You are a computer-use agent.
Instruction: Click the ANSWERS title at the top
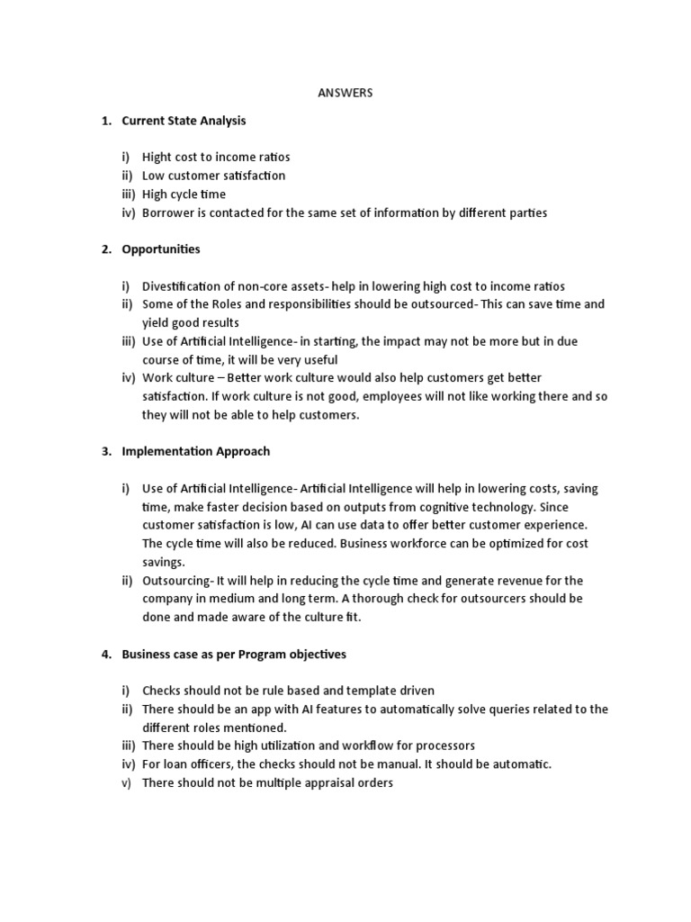tap(345, 93)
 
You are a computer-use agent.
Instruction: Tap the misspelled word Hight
tap(158, 158)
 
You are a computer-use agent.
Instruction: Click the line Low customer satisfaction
tap(213, 176)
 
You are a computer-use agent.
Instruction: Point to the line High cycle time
tap(184, 194)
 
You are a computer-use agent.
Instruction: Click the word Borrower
tap(168, 213)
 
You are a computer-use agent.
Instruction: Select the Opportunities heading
tap(161, 249)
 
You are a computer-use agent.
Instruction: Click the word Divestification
tap(183, 286)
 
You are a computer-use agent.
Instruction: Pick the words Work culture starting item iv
tap(175, 378)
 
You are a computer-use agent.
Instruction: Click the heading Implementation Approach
tap(195, 451)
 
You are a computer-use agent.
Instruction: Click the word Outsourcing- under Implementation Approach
tap(175, 581)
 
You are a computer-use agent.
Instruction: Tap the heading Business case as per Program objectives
tap(234, 654)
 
